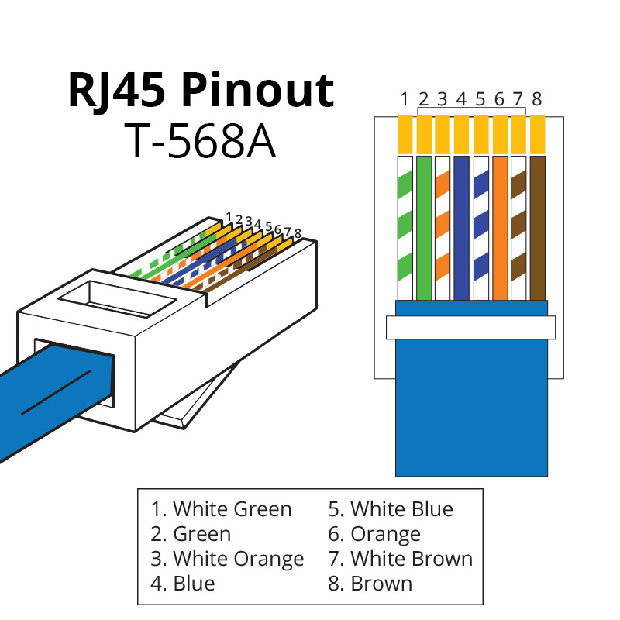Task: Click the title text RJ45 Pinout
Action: click(201, 91)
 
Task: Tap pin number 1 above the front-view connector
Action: click(405, 99)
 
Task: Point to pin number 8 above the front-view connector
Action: click(537, 99)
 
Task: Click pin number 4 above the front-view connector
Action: click(461, 99)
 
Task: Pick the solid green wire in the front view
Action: click(423, 228)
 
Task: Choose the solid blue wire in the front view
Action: click(461, 228)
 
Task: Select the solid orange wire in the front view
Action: click(499, 228)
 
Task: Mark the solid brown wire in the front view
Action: click(537, 228)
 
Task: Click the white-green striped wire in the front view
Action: click(405, 228)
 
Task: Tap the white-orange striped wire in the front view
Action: click(443, 228)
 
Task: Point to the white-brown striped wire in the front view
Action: click(518, 228)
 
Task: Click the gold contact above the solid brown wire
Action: click(537, 134)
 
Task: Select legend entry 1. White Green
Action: click(222, 509)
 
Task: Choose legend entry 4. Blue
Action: click(183, 583)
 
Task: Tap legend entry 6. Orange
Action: click(374, 534)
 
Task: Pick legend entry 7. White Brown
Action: click(400, 558)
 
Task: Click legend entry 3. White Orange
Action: click(227, 558)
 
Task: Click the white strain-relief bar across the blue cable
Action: click(471, 327)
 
